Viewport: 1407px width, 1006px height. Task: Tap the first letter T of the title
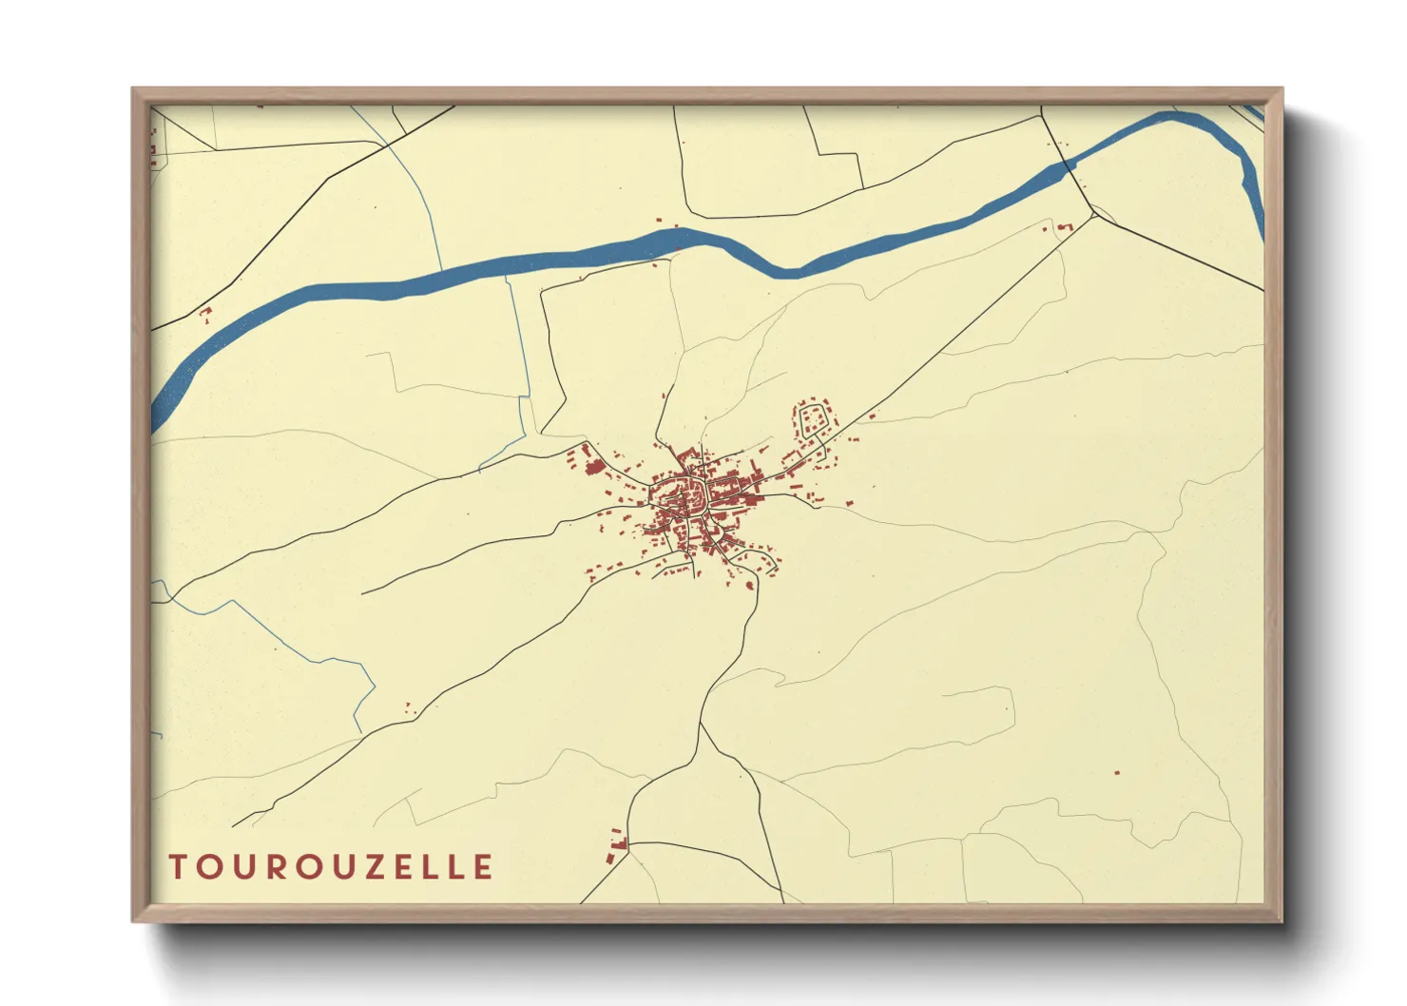[178, 867]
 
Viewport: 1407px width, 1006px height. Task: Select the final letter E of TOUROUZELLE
[484, 867]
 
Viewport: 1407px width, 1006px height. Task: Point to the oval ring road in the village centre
[677, 495]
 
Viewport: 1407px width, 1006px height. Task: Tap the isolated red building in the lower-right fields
[1117, 772]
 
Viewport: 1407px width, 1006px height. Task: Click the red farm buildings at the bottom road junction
[618, 844]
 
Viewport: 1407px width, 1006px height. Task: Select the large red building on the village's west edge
[593, 467]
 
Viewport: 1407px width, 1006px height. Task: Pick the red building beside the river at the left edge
[203, 313]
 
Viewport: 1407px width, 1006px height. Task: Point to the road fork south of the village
[702, 724]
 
